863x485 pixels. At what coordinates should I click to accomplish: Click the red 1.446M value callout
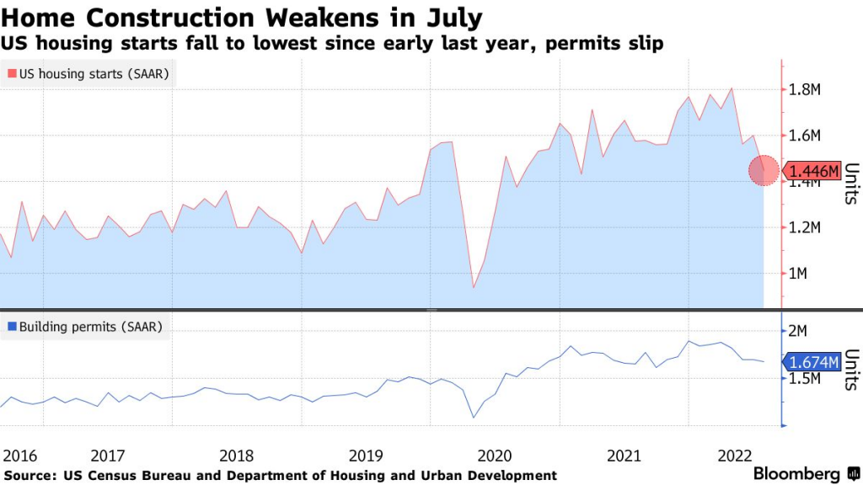point(813,172)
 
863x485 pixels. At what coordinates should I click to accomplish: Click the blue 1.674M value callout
point(813,363)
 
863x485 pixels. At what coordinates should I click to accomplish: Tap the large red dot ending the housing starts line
point(764,171)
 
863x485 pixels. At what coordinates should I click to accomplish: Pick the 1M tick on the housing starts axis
point(801,274)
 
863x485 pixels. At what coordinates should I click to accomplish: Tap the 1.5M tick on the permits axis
point(807,379)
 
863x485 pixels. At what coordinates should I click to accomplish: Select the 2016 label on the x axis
point(20,456)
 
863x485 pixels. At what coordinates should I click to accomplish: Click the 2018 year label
point(237,456)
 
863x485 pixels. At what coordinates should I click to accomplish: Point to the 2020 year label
point(496,456)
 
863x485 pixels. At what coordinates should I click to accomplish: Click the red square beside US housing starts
point(12,74)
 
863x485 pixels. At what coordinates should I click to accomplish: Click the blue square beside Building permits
point(12,326)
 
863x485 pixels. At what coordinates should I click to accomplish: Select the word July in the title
point(456,17)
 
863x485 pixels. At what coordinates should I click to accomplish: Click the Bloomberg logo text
point(796,474)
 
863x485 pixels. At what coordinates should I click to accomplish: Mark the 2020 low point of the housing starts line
point(473,288)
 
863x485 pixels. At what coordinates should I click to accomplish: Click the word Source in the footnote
point(30,476)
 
